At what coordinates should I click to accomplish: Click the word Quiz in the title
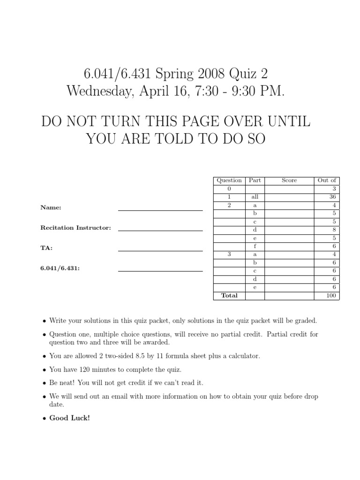tap(244, 74)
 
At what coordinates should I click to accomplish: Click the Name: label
tap(51, 207)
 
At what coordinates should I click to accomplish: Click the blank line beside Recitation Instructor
tap(160, 231)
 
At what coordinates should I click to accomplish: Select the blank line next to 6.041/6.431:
tap(160, 271)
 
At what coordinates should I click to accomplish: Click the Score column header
tap(289, 180)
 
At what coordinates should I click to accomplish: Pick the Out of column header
tap(327, 180)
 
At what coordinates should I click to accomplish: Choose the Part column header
tap(255, 180)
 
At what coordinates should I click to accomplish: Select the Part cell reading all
tap(255, 197)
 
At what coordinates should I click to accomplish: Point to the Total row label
tap(229, 295)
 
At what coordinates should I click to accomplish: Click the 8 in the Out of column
tap(334, 230)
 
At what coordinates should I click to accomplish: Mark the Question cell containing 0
tap(229, 189)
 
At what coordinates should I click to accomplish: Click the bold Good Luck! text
tap(69, 418)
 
